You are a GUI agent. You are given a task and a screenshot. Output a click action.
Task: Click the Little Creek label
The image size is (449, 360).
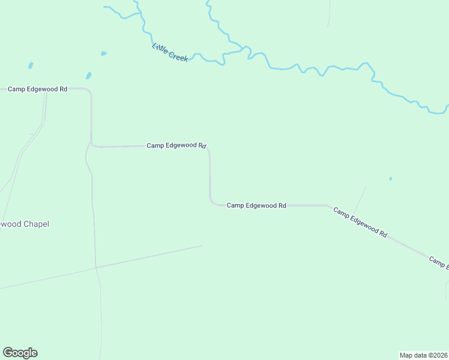[170, 53]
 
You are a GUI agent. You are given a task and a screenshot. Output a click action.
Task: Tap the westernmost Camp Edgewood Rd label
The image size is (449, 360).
[37, 89]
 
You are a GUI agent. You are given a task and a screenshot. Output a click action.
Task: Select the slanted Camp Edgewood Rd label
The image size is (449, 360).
[360, 222]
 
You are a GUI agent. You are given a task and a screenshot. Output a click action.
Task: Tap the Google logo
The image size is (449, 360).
[20, 353]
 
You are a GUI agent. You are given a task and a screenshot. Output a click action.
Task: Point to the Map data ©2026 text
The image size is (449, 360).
[423, 355]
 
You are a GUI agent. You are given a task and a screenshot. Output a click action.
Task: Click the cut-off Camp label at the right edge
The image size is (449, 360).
[439, 262]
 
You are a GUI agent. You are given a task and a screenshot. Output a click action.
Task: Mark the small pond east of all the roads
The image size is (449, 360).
[391, 178]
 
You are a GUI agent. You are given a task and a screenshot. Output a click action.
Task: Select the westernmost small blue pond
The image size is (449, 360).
[30, 65]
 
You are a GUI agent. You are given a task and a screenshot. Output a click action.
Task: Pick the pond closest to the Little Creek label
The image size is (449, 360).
[104, 53]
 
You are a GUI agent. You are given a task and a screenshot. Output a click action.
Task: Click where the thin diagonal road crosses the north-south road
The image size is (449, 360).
[95, 267]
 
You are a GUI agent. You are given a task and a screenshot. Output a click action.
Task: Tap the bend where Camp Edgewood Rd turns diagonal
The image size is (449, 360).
[329, 206]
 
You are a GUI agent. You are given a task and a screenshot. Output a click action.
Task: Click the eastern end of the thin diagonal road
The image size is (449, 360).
[202, 245]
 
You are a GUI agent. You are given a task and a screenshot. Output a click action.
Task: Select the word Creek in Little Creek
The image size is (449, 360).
[178, 56]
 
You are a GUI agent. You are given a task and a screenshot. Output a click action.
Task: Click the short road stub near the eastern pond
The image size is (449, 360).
[360, 200]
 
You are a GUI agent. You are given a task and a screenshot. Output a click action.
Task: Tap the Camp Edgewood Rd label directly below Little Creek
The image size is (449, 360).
[176, 145]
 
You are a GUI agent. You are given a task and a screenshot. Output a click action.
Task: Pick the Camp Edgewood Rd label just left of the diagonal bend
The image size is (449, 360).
[256, 205]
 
